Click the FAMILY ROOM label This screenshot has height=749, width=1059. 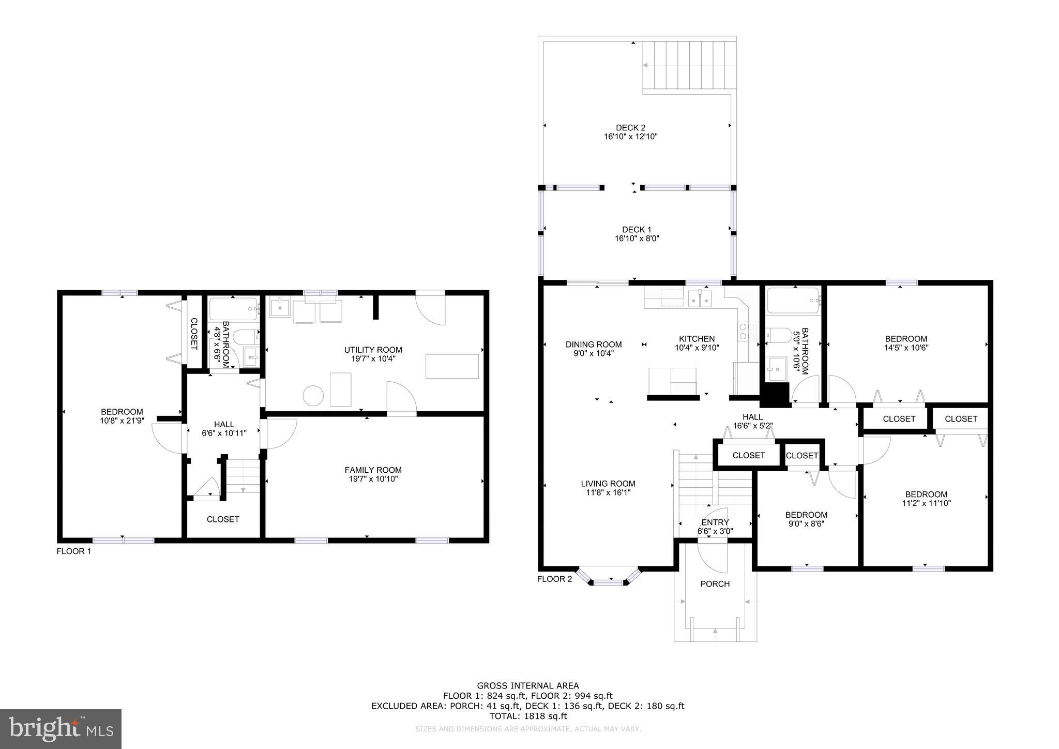(373, 470)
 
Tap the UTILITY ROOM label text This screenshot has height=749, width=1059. (373, 350)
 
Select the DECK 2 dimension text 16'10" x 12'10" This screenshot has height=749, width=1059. (630, 137)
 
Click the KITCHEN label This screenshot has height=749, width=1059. (697, 339)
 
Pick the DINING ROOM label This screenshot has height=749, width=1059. (594, 344)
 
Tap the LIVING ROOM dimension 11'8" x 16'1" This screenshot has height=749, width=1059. (608, 493)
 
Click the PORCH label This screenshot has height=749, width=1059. (715, 584)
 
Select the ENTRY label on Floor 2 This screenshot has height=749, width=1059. (715, 522)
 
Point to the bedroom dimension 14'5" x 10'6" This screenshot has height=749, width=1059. (906, 348)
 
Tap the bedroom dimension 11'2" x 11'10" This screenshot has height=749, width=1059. (926, 503)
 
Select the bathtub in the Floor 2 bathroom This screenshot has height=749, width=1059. (793, 301)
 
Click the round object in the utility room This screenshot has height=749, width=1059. (313, 396)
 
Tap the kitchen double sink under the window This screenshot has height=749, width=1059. (700, 299)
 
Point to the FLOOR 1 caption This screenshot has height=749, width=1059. (73, 551)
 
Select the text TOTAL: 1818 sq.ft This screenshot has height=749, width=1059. (528, 716)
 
